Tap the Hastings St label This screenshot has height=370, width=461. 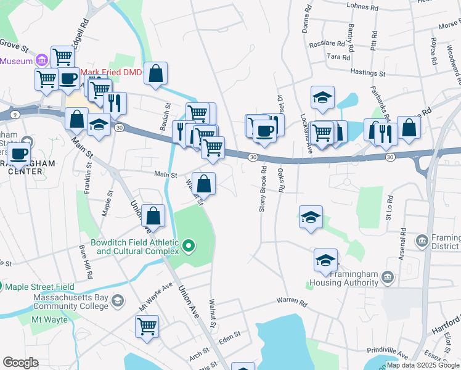(367, 73)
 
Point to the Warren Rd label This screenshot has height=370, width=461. (292, 302)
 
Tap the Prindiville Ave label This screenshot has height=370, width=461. (387, 353)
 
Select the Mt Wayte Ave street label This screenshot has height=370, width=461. (155, 297)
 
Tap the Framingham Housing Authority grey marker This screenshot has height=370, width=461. (387, 276)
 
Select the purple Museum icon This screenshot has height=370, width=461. (42, 60)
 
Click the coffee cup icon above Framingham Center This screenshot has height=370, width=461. (19, 153)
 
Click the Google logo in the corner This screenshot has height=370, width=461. (20, 362)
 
